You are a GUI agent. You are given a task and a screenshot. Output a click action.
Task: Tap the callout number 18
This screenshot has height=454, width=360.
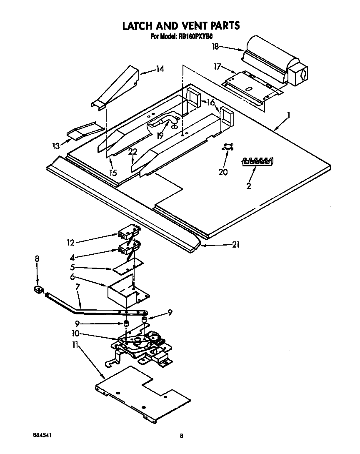pyautogui.click(x=215, y=47)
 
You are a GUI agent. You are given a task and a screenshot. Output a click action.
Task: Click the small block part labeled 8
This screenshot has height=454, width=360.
pyautogui.click(x=39, y=289)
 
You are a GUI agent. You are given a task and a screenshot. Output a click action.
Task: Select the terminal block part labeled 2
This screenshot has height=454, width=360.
pyautogui.click(x=257, y=161)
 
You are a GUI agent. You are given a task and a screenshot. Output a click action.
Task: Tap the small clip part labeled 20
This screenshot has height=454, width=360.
pyautogui.click(x=227, y=146)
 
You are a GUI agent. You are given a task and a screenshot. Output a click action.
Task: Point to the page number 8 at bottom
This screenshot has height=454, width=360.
pyautogui.click(x=181, y=436)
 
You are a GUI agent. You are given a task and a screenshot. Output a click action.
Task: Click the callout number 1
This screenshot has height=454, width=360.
pyautogui.click(x=289, y=115)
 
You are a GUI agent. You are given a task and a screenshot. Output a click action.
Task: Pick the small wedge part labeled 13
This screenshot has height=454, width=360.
pyautogui.click(x=82, y=132)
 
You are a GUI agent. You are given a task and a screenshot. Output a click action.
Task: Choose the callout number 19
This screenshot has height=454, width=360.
pyautogui.click(x=160, y=135)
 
